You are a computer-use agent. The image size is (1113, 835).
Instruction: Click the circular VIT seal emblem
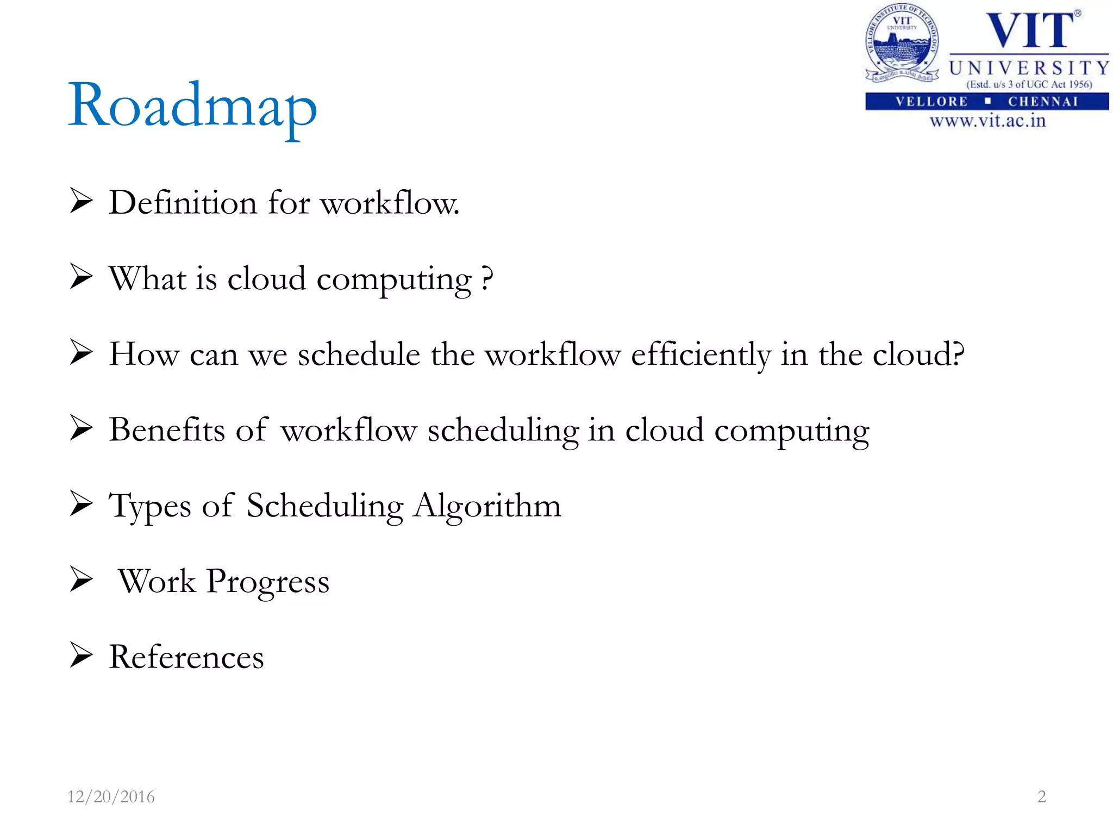click(902, 43)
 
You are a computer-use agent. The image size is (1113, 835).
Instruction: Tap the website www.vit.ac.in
click(987, 121)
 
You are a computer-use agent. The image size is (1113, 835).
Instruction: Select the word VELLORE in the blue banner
click(931, 102)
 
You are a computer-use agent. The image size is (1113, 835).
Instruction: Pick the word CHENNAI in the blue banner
click(1043, 102)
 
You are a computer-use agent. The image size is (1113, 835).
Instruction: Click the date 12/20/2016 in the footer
click(110, 796)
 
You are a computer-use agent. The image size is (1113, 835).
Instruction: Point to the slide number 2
click(1041, 796)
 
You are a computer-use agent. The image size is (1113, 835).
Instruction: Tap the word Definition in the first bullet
click(183, 203)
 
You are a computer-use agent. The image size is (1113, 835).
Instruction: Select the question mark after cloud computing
click(487, 278)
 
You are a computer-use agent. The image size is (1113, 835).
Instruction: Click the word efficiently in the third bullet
click(701, 355)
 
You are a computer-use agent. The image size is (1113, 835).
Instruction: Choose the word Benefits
click(166, 430)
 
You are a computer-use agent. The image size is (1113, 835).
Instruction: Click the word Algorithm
click(487, 506)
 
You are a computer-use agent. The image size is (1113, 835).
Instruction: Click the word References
click(186, 657)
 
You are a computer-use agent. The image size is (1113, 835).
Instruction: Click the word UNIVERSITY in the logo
click(1029, 68)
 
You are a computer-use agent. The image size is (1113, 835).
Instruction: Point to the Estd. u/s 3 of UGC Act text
click(1029, 84)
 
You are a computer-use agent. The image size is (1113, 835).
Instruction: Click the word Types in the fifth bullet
click(149, 506)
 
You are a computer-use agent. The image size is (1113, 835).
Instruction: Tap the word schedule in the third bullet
click(359, 355)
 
